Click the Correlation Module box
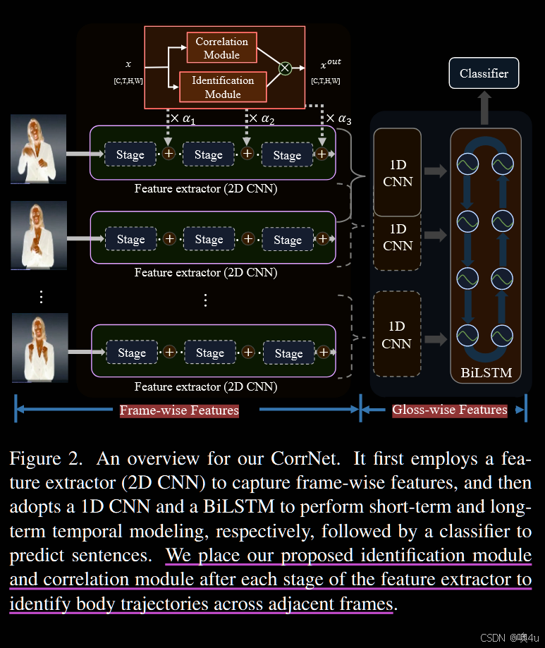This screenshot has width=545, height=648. tap(221, 49)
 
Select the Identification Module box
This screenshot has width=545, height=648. tap(223, 87)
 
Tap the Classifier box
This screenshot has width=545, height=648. tap(484, 73)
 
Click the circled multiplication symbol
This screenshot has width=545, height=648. tap(285, 68)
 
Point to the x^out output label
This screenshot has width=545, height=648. tap(330, 64)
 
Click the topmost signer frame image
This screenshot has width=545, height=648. tap(38, 149)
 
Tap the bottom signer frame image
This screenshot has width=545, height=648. tap(39, 348)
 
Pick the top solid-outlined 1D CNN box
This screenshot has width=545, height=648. tap(397, 173)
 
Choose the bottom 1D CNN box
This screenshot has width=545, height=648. tap(397, 335)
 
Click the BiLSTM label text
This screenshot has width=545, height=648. tap(486, 372)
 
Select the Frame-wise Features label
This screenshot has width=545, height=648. tap(179, 410)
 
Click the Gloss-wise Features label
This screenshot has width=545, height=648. tap(450, 410)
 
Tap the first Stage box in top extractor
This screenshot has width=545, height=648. tap(130, 154)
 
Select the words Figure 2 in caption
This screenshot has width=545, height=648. tap(47, 458)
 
